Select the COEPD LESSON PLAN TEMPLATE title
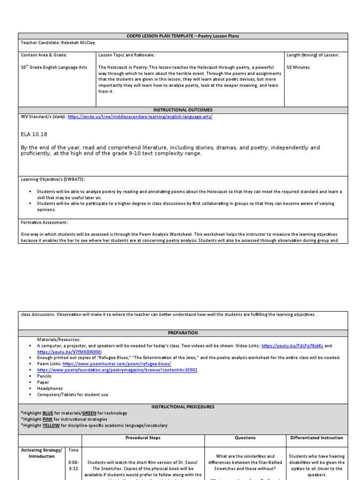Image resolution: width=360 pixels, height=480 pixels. click(183, 36)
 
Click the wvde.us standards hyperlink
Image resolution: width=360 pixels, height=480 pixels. click(140, 117)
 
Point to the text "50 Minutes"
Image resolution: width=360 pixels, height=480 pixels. click(298, 67)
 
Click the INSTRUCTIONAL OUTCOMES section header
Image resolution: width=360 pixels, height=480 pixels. click(183, 110)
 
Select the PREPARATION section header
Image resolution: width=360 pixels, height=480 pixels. click(183, 333)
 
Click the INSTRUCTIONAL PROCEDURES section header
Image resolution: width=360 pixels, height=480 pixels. click(183, 407)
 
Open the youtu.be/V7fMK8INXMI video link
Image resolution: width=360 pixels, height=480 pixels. click(69, 352)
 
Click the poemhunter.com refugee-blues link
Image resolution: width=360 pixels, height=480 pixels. click(117, 364)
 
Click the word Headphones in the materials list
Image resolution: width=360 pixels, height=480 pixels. click(50, 388)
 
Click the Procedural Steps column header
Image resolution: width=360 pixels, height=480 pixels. click(143, 438)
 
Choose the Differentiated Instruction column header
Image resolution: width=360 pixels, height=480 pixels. click(316, 438)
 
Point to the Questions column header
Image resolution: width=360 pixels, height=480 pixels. click(245, 438)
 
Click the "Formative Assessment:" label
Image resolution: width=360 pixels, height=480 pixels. click(44, 223)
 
